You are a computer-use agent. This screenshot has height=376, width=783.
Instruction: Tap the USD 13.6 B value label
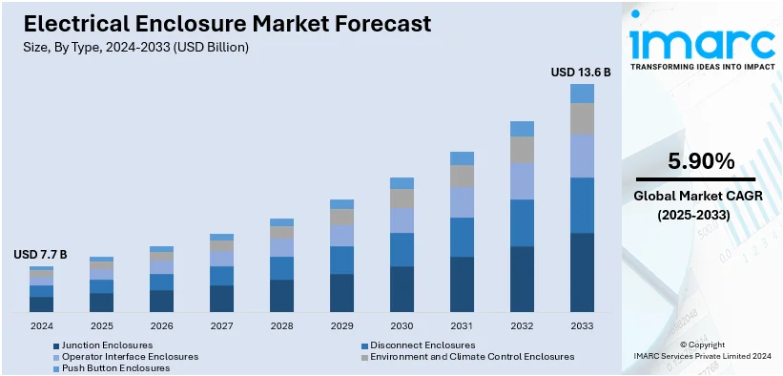(581, 72)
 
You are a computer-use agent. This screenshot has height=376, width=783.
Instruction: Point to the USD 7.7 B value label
(40, 255)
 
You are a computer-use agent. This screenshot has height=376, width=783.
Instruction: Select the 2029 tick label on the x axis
(341, 325)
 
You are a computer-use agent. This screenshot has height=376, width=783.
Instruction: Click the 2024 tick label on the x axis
(41, 325)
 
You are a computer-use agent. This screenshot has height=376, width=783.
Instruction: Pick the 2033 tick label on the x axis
(582, 325)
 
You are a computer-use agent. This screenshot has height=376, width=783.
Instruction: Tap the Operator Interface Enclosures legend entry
(130, 356)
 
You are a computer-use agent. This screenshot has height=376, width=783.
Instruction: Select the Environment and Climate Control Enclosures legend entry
(472, 356)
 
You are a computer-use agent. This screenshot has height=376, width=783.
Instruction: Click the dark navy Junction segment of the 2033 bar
(582, 272)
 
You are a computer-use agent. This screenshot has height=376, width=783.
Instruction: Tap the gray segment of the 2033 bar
(582, 118)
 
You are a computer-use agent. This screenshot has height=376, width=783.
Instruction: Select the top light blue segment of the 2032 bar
(522, 129)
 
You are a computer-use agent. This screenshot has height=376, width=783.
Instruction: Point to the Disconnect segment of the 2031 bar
(462, 237)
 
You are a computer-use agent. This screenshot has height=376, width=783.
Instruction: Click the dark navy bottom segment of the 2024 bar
(41, 304)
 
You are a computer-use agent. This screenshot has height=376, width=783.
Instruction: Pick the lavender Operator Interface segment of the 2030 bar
(402, 220)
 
